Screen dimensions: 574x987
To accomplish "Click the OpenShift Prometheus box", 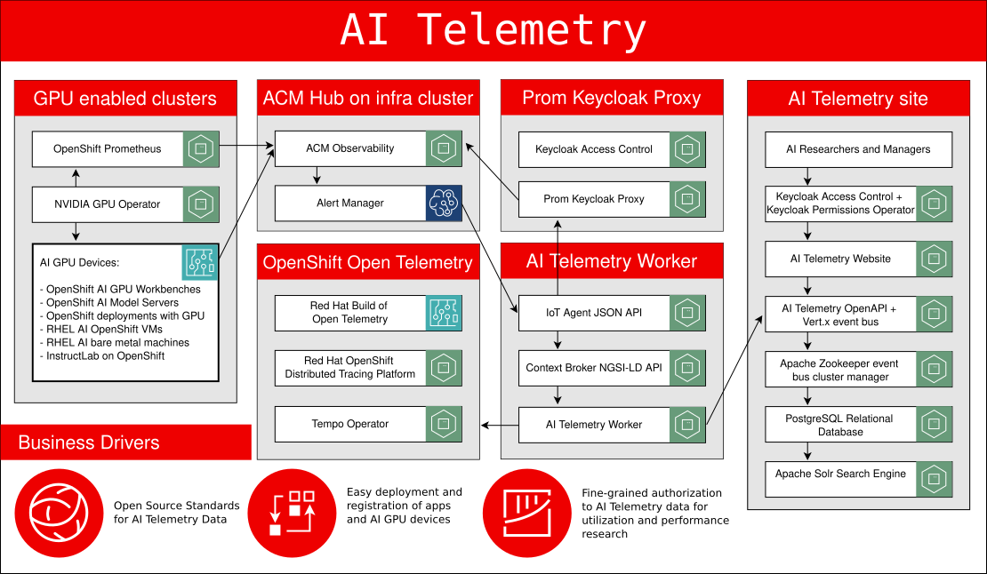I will [108, 149].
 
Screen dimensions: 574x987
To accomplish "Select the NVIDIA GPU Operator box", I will [108, 204].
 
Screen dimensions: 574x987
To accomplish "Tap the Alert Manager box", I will [350, 203].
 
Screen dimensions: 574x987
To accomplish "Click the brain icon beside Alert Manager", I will [444, 203].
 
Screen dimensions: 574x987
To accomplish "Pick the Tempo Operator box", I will [349, 425].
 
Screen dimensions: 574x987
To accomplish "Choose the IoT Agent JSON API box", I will [594, 313].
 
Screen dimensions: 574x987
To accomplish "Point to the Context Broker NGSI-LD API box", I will [594, 368].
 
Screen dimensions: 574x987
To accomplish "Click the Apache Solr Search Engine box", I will [840, 474].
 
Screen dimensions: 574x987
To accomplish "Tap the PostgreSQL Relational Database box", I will [840, 425].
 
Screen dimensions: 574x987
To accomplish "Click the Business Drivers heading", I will [89, 442].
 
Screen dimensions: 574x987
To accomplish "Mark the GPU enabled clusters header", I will [125, 98].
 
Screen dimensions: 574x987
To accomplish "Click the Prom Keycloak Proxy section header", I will [612, 98].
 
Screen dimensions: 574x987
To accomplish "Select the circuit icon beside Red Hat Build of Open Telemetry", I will [444, 313].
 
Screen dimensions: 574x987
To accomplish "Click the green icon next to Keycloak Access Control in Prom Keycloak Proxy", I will [687, 149].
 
